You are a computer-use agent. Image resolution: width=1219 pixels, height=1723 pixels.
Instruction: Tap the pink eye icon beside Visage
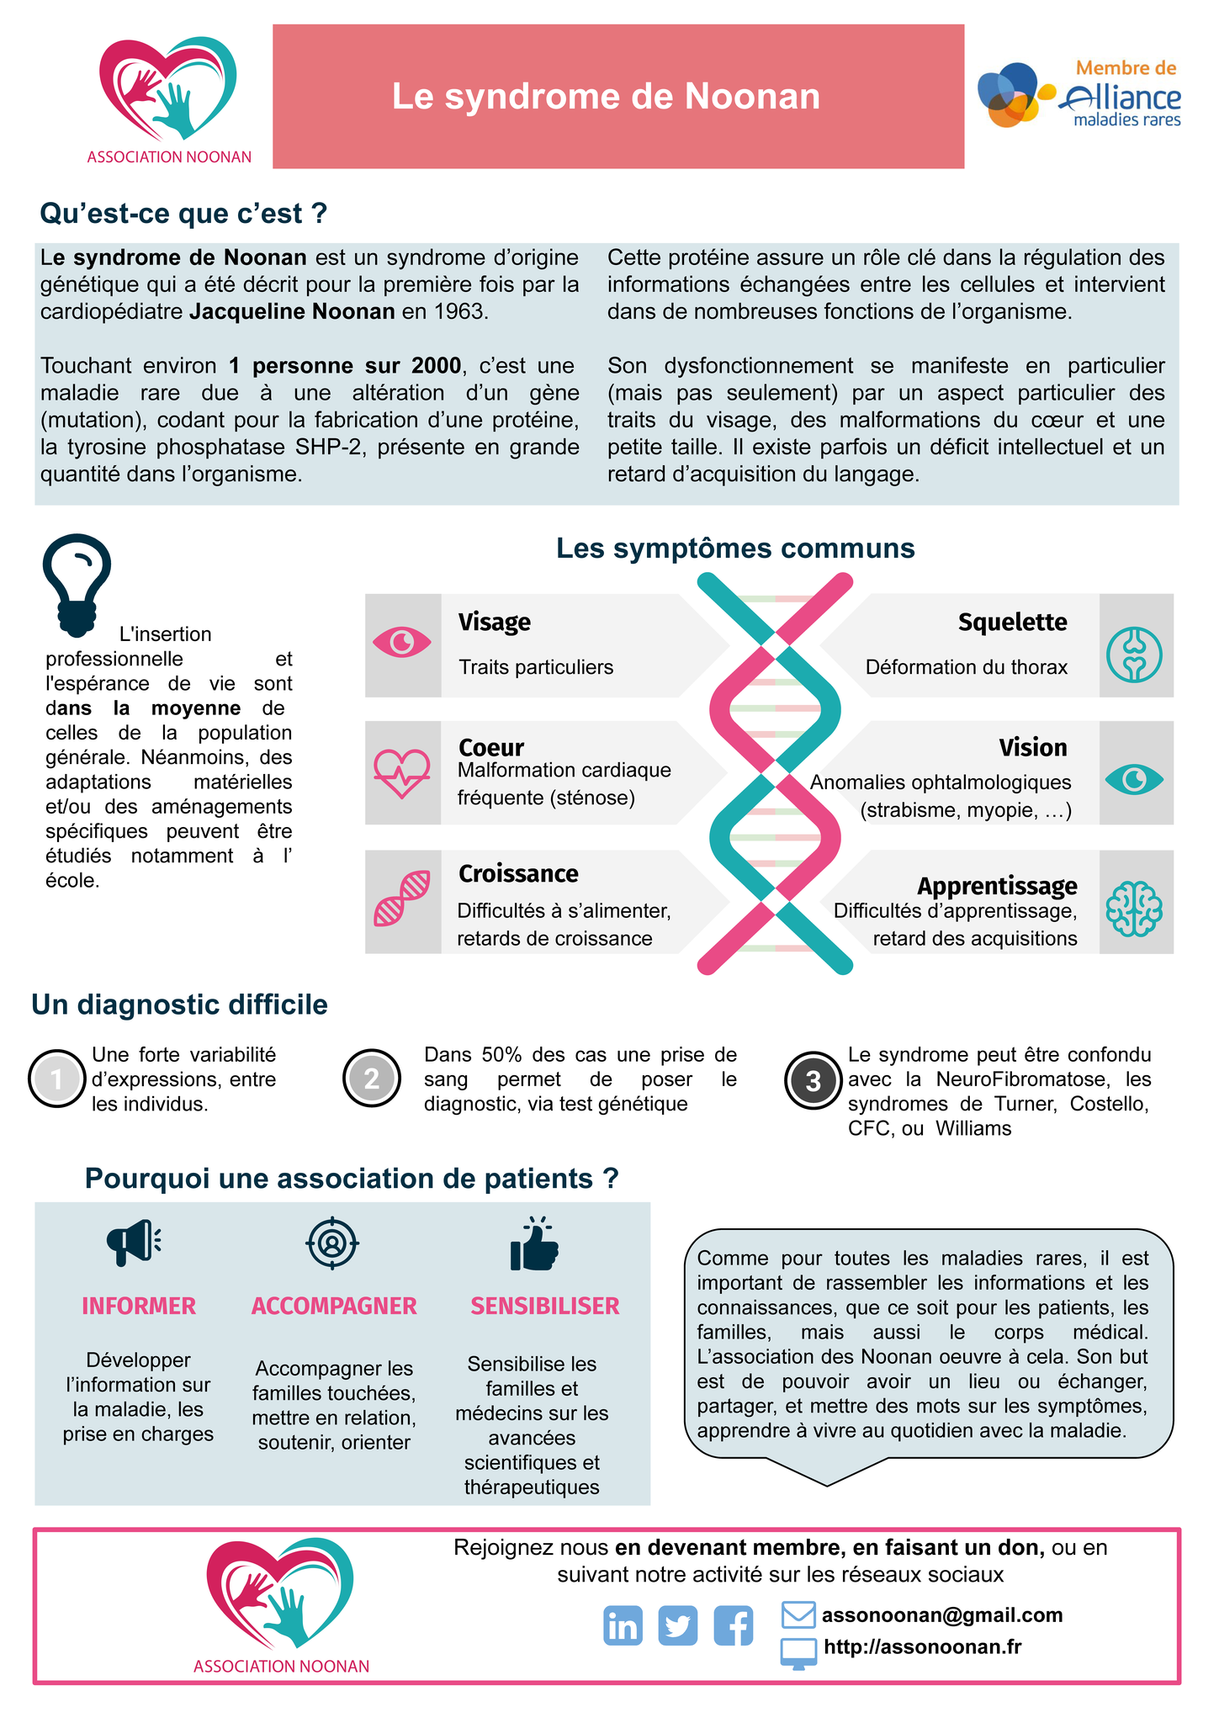click(402, 644)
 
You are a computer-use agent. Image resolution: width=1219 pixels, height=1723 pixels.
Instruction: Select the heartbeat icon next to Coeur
click(402, 772)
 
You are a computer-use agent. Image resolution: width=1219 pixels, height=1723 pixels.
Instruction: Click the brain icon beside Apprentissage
click(1134, 909)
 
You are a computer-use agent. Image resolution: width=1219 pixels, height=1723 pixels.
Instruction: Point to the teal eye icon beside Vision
click(1134, 780)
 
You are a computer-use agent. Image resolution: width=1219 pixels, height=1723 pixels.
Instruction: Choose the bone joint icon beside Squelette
click(1134, 654)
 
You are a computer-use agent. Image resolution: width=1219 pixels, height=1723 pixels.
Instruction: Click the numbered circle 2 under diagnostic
click(371, 1079)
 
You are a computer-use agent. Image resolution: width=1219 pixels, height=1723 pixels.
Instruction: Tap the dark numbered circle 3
click(813, 1080)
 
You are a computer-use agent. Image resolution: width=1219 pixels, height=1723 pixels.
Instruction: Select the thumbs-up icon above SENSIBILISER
click(534, 1244)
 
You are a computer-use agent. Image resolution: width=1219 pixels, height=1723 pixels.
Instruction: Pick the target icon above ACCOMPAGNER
click(332, 1243)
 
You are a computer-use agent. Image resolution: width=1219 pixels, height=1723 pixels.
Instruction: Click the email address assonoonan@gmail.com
click(941, 1614)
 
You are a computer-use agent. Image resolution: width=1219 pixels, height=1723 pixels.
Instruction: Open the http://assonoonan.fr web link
click(922, 1646)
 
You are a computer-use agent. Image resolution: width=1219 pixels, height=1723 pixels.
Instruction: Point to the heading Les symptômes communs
click(735, 549)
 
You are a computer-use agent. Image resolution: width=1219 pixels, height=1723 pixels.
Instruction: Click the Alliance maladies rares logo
click(1079, 95)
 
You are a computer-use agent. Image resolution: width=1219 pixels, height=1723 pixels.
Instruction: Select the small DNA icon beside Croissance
click(402, 899)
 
